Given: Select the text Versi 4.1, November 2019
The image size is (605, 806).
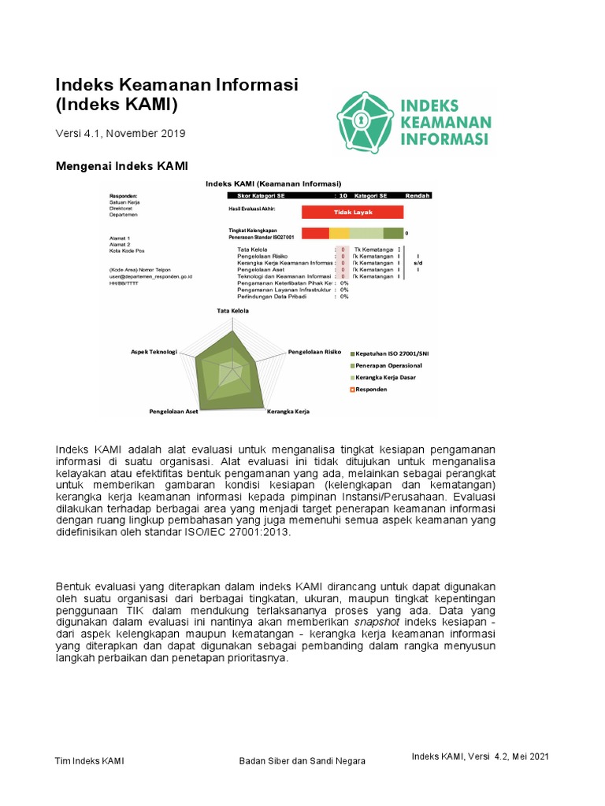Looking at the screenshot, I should [120, 133].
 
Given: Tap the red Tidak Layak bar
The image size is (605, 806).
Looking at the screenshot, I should [351, 212].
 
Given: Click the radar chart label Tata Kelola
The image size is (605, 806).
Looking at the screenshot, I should [233, 311].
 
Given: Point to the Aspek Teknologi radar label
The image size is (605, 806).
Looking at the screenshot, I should [154, 351].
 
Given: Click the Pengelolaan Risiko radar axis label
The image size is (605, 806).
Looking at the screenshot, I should [314, 351].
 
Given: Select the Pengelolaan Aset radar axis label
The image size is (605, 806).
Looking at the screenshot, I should [174, 411].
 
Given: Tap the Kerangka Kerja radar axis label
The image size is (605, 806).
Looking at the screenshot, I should [288, 411].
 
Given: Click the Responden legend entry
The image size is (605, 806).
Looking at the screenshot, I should [371, 389].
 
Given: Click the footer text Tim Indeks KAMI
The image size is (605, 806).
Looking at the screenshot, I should [89, 761].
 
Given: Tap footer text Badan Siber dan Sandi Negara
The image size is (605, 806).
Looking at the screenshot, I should [302, 761].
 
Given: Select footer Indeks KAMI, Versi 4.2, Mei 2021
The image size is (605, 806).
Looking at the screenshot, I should [480, 756].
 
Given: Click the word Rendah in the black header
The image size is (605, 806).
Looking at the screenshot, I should [417, 195].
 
